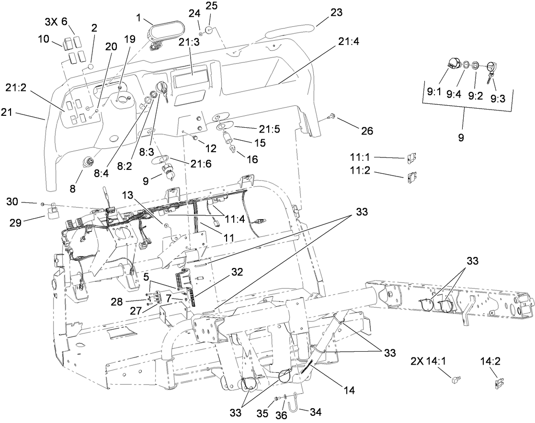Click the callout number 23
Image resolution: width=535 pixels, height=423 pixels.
pos(336,13)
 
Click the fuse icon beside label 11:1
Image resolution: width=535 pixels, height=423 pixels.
pos(411,158)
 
